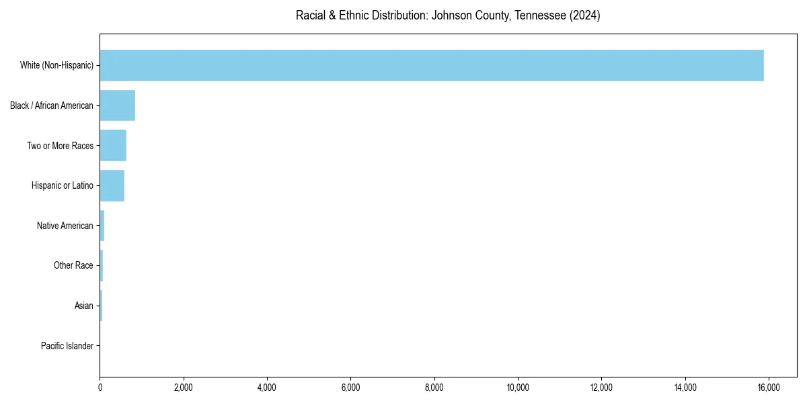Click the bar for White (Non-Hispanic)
pyautogui.click(x=430, y=65)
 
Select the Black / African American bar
pyautogui.click(x=117, y=105)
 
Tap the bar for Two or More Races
pyautogui.click(x=113, y=146)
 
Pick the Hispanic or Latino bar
pyautogui.click(x=112, y=185)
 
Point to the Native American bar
pyautogui.click(x=102, y=226)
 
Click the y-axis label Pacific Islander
pyautogui.click(x=67, y=346)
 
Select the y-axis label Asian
pyautogui.click(x=84, y=306)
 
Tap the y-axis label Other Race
pyautogui.click(x=73, y=266)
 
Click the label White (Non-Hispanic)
pyautogui.click(x=56, y=65)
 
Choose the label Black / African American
pyautogui.click(x=52, y=105)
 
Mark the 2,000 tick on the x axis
pyautogui.click(x=184, y=387)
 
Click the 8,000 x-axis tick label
pyautogui.click(x=434, y=387)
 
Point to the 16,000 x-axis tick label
pyautogui.click(x=769, y=387)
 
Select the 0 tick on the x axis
pyautogui.click(x=100, y=387)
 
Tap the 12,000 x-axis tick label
pyautogui.click(x=601, y=387)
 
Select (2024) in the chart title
pyautogui.click(x=584, y=15)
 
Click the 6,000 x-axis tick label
pyautogui.click(x=350, y=387)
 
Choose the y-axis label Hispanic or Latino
pyautogui.click(x=63, y=185)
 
